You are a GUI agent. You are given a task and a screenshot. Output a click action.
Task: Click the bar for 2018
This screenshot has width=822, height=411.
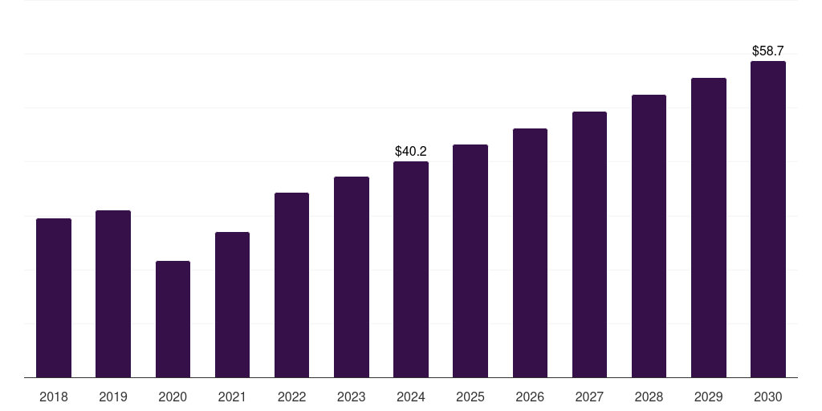54,298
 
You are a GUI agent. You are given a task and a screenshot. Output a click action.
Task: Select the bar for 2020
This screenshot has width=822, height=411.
173,319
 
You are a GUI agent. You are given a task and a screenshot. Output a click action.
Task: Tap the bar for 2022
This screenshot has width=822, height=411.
291,285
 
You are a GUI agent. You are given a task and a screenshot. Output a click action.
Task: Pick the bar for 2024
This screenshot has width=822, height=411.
411,270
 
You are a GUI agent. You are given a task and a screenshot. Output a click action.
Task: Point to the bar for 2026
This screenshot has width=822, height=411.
530,253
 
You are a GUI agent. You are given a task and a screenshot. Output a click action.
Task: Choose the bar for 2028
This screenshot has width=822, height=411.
649,236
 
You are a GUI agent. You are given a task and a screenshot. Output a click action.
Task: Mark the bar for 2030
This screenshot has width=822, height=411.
768,219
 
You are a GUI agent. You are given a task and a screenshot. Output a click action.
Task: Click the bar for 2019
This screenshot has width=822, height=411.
113,294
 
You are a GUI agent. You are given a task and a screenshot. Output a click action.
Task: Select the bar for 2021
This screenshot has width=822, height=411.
232,304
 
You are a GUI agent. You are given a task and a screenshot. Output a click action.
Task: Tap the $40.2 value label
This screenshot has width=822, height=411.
411,152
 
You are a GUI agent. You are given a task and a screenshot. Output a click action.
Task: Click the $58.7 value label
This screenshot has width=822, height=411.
768,51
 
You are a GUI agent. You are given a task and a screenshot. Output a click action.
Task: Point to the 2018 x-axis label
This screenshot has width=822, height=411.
54,397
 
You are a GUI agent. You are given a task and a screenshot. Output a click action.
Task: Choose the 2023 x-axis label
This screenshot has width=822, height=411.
352,397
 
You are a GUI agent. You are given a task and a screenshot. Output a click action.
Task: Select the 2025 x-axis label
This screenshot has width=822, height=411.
470,397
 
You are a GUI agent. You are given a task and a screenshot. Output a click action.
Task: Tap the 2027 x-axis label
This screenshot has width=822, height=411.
589,397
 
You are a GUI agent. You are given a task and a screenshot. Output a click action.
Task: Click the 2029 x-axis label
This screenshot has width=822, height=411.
708,397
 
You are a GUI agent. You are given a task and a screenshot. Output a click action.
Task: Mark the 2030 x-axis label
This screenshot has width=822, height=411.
768,397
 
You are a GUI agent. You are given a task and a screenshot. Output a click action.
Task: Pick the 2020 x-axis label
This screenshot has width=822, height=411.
173,397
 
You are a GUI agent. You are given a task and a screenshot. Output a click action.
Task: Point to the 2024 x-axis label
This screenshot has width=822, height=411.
411,397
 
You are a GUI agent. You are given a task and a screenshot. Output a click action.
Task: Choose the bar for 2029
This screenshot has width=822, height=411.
709,227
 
